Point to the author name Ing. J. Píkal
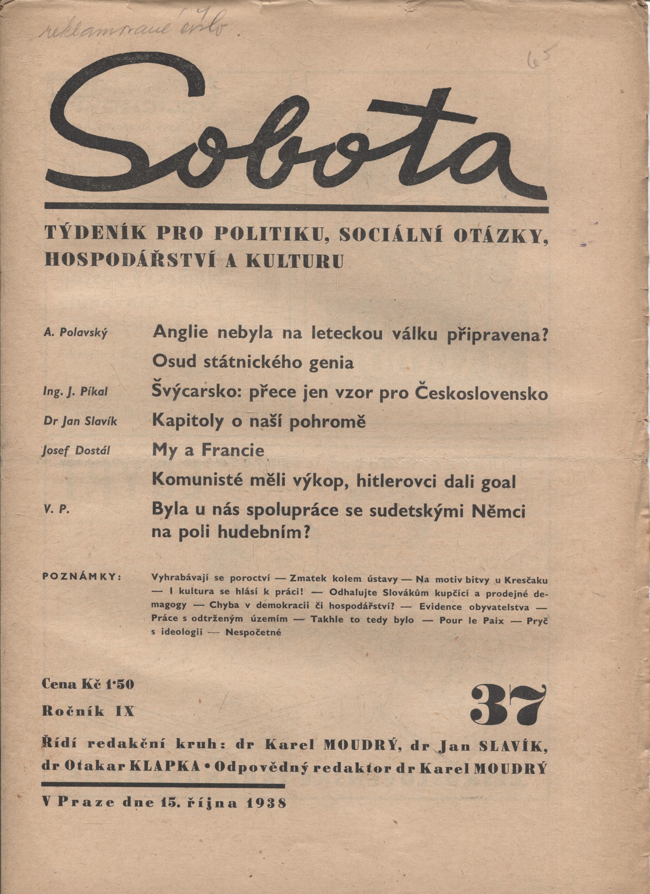coord(75,392)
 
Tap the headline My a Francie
coord(208,450)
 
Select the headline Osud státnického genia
coord(253,363)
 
